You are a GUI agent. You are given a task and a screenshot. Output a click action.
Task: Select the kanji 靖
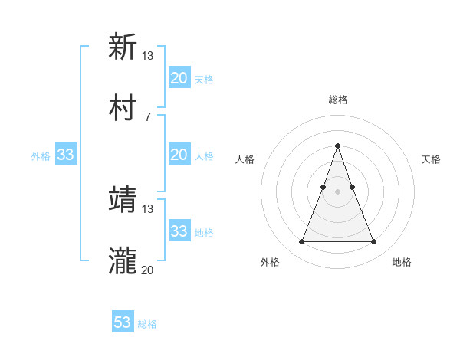pyautogui.click(x=123, y=200)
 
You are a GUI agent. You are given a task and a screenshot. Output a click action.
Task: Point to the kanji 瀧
pyautogui.click(x=123, y=260)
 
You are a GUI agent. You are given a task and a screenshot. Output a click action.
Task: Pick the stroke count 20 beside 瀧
pyautogui.click(x=147, y=270)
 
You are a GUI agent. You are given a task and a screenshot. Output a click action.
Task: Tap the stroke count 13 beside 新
pyautogui.click(x=147, y=55)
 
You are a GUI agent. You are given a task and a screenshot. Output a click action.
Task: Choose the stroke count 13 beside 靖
pyautogui.click(x=147, y=209)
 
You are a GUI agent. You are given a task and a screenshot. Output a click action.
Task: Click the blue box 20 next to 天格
pyautogui.click(x=179, y=78)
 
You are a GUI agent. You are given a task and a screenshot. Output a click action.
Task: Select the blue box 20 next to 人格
pyautogui.click(x=179, y=155)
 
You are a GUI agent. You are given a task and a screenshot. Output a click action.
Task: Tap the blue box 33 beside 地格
pyautogui.click(x=179, y=231)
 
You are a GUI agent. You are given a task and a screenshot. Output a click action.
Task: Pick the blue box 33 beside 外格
pyautogui.click(x=65, y=155)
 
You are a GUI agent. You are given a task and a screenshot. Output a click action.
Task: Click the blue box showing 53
pyautogui.click(x=122, y=322)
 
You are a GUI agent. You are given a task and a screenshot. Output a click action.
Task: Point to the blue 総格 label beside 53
pyautogui.click(x=147, y=324)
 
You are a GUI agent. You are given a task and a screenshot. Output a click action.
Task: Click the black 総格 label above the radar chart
pyautogui.click(x=338, y=100)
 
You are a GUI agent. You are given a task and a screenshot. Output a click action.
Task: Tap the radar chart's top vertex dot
pyautogui.click(x=337, y=146)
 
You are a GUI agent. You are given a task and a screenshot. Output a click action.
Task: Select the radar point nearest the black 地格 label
pyautogui.click(x=373, y=242)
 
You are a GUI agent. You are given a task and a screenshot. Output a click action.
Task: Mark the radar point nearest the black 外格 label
pyautogui.click(x=301, y=242)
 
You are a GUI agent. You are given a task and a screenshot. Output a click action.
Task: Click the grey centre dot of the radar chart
pyautogui.click(x=337, y=191)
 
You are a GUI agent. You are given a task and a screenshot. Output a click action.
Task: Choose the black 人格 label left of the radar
pyautogui.click(x=245, y=159)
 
